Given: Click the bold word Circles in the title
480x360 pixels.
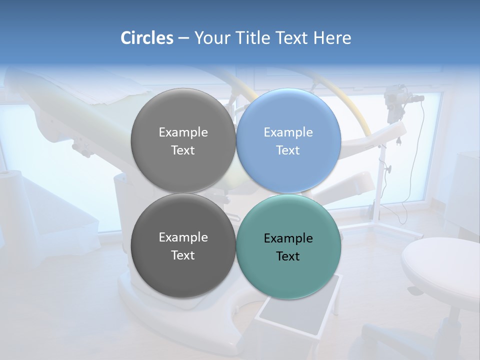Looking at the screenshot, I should [147, 38].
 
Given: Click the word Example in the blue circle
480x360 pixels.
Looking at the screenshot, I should [288, 132].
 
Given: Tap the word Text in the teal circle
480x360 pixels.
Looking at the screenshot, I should [288, 256].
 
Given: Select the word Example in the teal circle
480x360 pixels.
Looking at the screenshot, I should [288, 238].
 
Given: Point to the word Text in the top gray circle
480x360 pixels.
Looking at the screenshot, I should [183, 150].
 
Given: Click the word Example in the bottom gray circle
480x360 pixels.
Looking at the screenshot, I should [183, 237].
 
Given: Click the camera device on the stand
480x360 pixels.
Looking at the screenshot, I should [395, 100].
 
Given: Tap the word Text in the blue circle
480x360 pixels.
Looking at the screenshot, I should [288, 150].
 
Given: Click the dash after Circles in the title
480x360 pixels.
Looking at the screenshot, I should [183, 38].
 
